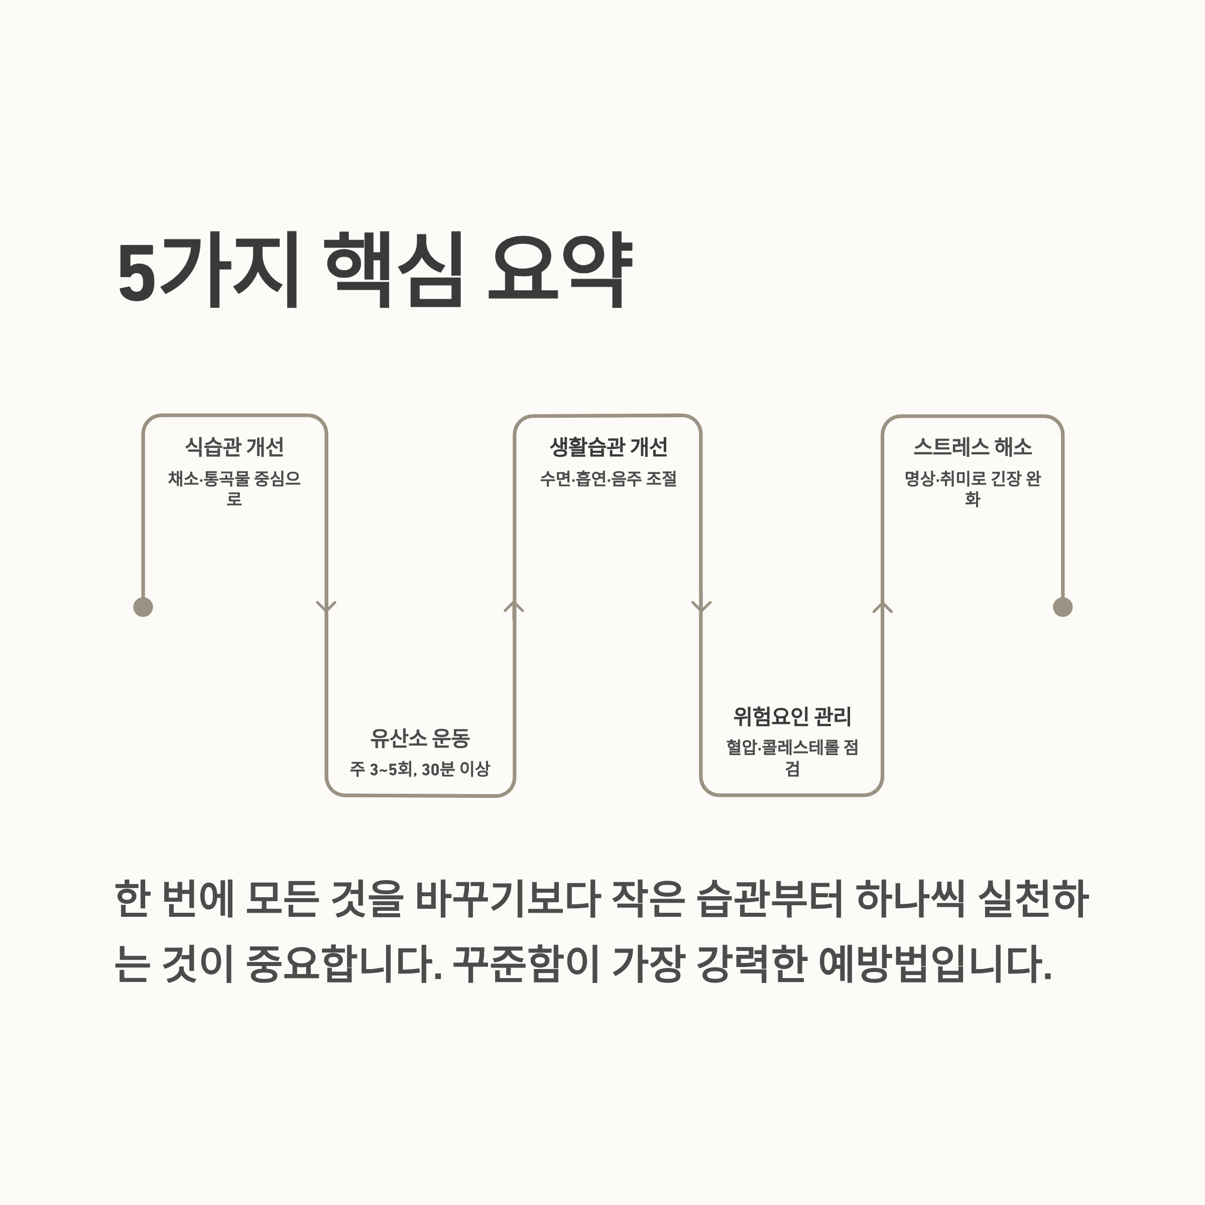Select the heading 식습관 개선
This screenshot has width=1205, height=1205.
pos(234,446)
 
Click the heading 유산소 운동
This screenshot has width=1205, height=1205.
pos(420,739)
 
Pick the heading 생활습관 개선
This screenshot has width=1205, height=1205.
pos(608,446)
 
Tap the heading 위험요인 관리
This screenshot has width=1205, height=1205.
pos(792,716)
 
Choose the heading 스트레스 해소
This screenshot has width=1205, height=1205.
pos(973,446)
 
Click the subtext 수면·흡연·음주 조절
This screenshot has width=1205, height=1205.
pos(608,478)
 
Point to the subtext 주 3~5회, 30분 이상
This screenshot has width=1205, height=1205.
pos(420,769)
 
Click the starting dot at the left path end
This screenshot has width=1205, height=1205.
pos(144,607)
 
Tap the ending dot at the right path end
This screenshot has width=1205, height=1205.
pos(1063,607)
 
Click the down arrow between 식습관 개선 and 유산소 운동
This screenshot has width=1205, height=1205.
pos(326,606)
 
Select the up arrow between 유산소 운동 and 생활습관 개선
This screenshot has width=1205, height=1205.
pos(514,606)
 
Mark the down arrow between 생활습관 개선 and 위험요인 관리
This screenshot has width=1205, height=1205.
pos(702,606)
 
